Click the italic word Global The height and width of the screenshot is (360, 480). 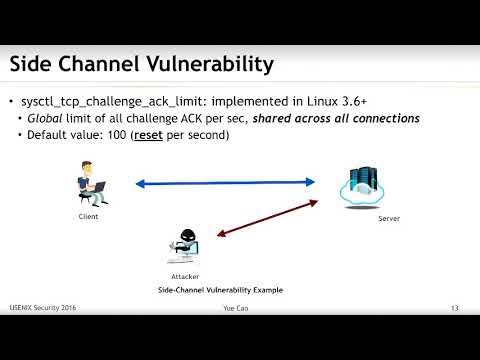click(54, 119)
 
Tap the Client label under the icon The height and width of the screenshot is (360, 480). click(89, 216)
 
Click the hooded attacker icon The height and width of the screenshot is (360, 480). click(187, 246)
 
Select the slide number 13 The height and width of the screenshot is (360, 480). click(455, 308)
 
